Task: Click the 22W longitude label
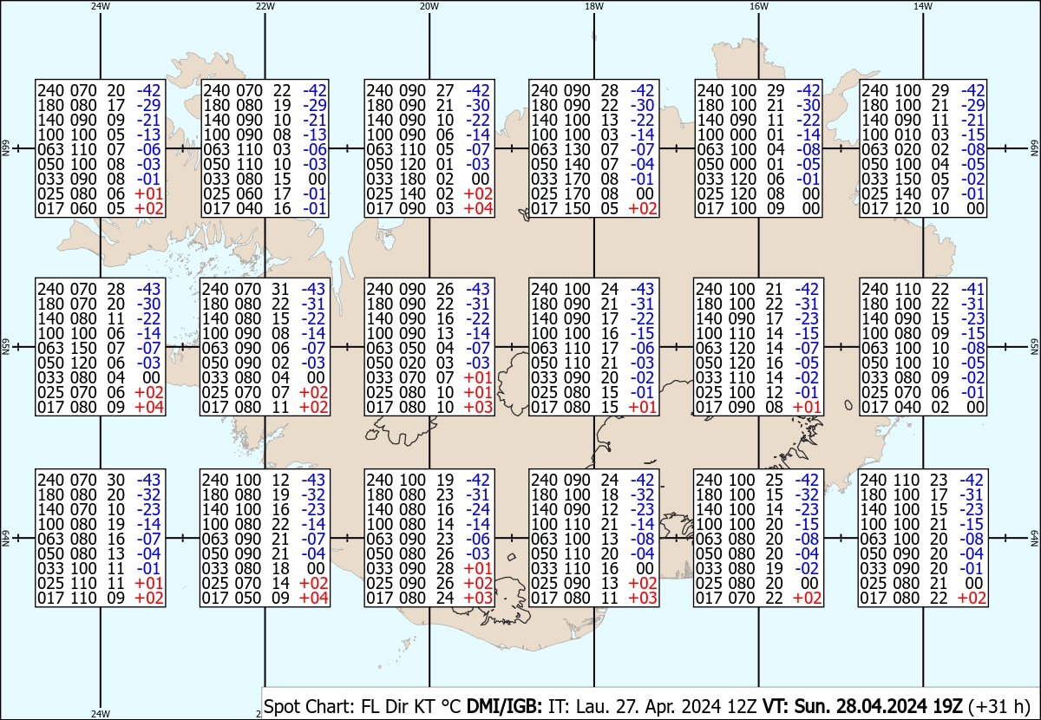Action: (x=265, y=6)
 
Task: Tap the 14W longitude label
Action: (x=923, y=6)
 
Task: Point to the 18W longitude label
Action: (x=594, y=6)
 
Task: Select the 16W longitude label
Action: (x=758, y=6)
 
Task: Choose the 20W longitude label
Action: (x=429, y=6)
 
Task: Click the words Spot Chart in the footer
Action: (x=308, y=706)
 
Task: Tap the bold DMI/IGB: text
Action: (x=504, y=706)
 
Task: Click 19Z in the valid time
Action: (x=948, y=706)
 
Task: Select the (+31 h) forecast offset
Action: (x=999, y=706)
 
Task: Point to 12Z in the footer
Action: (x=743, y=706)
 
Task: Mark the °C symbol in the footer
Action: (x=450, y=706)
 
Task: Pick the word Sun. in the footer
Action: (x=812, y=706)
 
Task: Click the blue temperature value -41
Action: (x=972, y=289)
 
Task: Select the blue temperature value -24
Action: (x=478, y=509)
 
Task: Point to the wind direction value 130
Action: (x=577, y=150)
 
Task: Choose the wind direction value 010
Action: (x=907, y=134)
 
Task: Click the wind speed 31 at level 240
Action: (x=280, y=289)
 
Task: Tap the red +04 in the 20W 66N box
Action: (x=478, y=209)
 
